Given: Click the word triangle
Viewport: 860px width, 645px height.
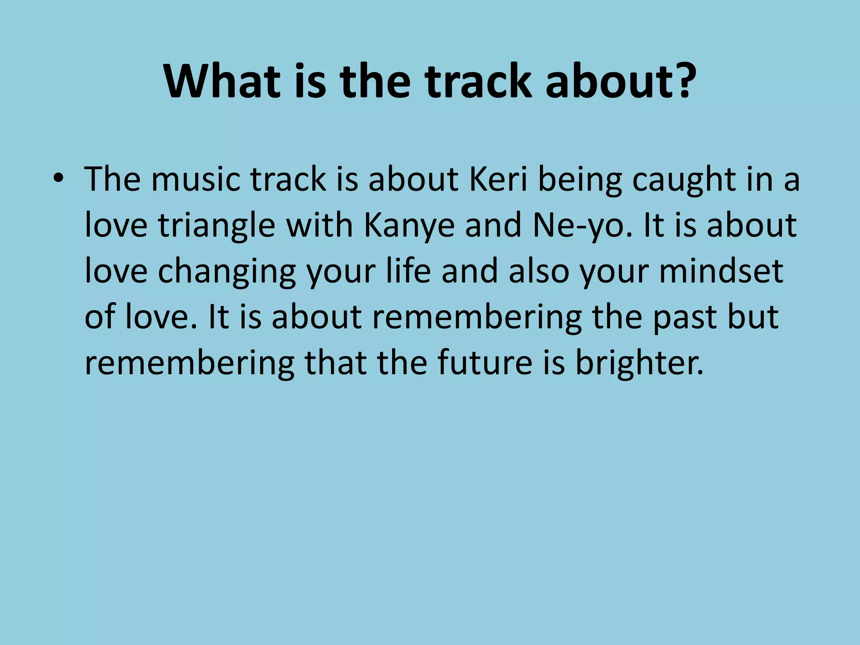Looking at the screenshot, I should click(217, 226).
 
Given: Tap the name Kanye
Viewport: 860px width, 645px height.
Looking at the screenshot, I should click(409, 226).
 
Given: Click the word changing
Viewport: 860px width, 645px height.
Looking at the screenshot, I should click(227, 272).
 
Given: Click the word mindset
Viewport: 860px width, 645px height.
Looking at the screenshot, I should click(721, 272).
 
